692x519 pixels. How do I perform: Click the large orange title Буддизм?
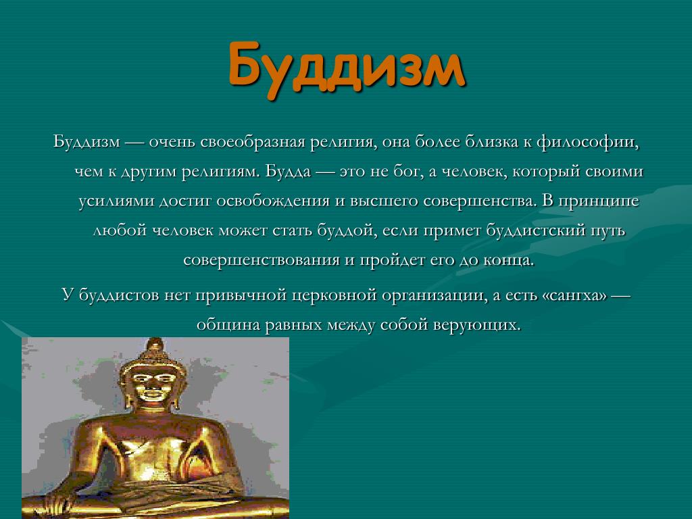(347, 67)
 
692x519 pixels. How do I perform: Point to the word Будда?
(288, 171)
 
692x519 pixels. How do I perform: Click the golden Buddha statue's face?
(153, 383)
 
